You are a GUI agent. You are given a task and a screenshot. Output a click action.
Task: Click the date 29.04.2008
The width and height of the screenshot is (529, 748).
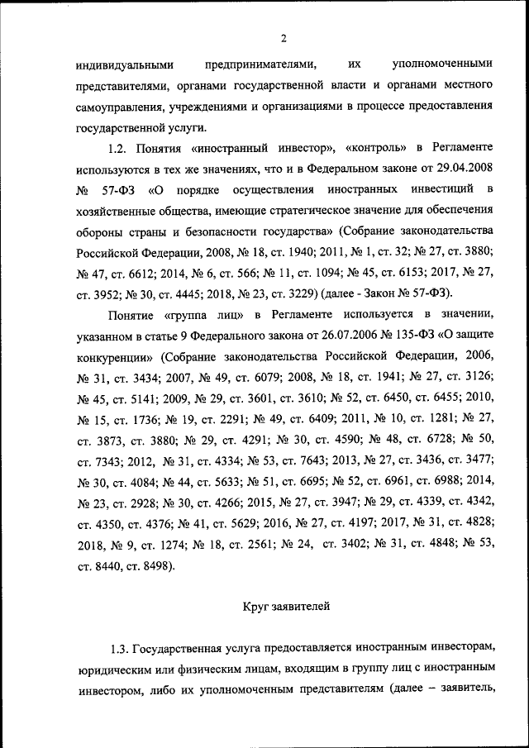click(x=463, y=169)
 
